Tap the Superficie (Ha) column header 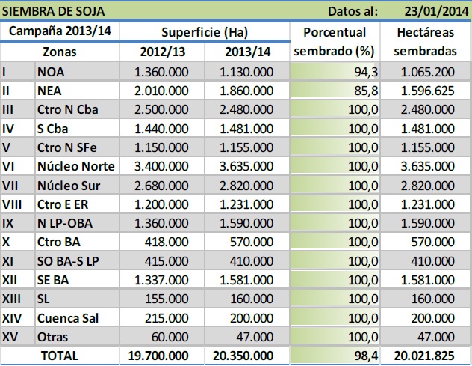point(204,33)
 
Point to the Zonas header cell point(59,52)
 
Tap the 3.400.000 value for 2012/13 point(161,165)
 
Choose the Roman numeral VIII point(13,204)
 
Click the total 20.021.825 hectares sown point(423,356)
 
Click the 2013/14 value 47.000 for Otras point(254,336)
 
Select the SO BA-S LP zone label point(68,260)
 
